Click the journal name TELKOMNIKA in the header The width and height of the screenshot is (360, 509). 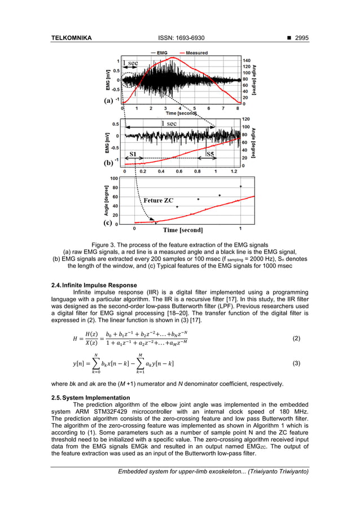coord(69,38)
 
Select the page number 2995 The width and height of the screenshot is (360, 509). coord(299,38)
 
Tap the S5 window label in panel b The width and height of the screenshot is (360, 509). coord(209,153)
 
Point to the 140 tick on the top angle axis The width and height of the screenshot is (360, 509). coord(247,60)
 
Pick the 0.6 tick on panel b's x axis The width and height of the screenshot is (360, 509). coord(179,171)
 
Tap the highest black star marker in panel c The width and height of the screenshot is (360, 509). coord(241,186)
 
